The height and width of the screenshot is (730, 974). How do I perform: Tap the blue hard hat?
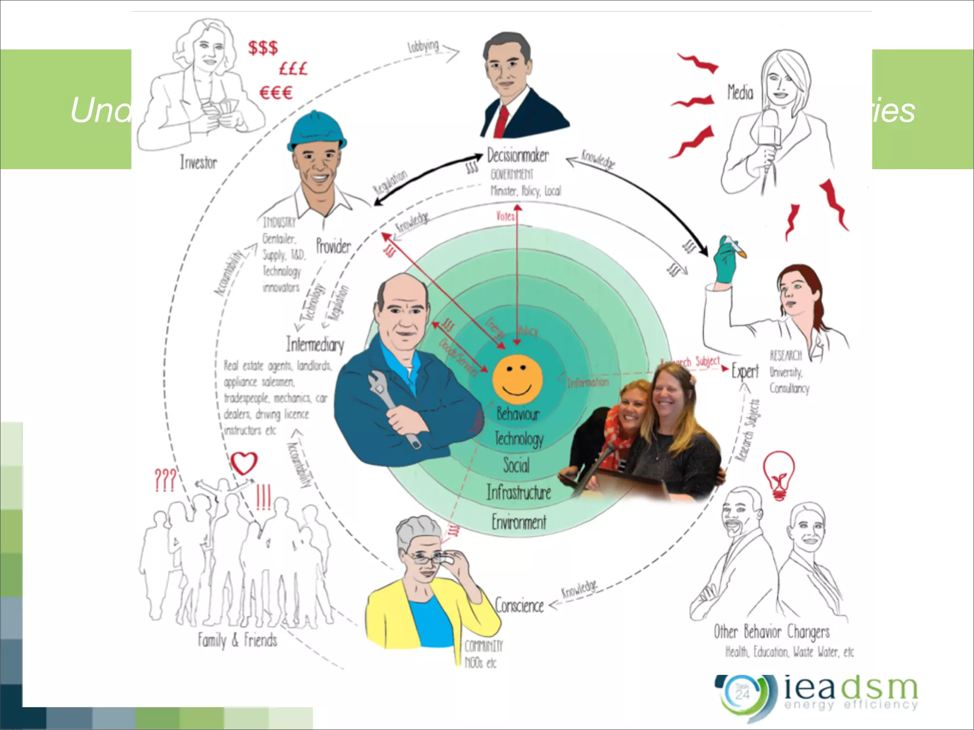[x=316, y=130]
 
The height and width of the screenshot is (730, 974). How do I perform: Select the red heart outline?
[x=244, y=463]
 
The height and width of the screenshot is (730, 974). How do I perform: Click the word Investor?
[x=198, y=163]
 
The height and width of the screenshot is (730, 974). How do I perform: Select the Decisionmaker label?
[x=518, y=155]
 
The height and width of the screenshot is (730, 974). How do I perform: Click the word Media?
[x=740, y=92]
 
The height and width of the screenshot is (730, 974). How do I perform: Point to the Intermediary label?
[x=315, y=344]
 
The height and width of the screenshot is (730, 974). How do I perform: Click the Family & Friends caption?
[x=237, y=640]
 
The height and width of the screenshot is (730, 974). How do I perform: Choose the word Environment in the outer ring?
[x=519, y=522]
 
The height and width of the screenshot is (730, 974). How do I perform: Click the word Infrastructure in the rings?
[x=518, y=492]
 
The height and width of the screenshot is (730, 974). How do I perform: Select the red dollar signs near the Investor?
[x=263, y=48]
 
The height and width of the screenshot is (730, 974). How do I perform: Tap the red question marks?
[x=166, y=480]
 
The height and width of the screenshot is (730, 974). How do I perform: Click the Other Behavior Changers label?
[x=771, y=632]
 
